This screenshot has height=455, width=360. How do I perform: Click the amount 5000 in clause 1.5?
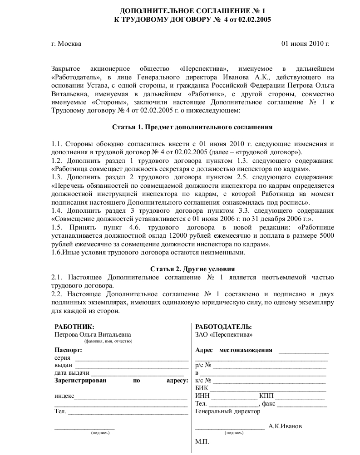pyautogui.click(x=326, y=236)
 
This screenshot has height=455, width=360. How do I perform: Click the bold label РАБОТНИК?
pyautogui.click(x=74, y=327)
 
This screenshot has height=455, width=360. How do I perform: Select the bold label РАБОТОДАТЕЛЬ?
pyautogui.click(x=223, y=327)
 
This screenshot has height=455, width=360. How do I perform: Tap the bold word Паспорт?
pyautogui.click(x=68, y=350)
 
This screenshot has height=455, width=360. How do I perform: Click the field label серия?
pyautogui.click(x=62, y=358)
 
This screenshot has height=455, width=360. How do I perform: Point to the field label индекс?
pyautogui.click(x=64, y=396)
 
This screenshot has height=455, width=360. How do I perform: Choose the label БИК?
pyautogui.click(x=202, y=388)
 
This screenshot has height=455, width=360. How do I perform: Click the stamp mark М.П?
pyautogui.click(x=202, y=441)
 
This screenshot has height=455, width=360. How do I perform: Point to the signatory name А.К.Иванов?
pyautogui.click(x=285, y=426)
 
